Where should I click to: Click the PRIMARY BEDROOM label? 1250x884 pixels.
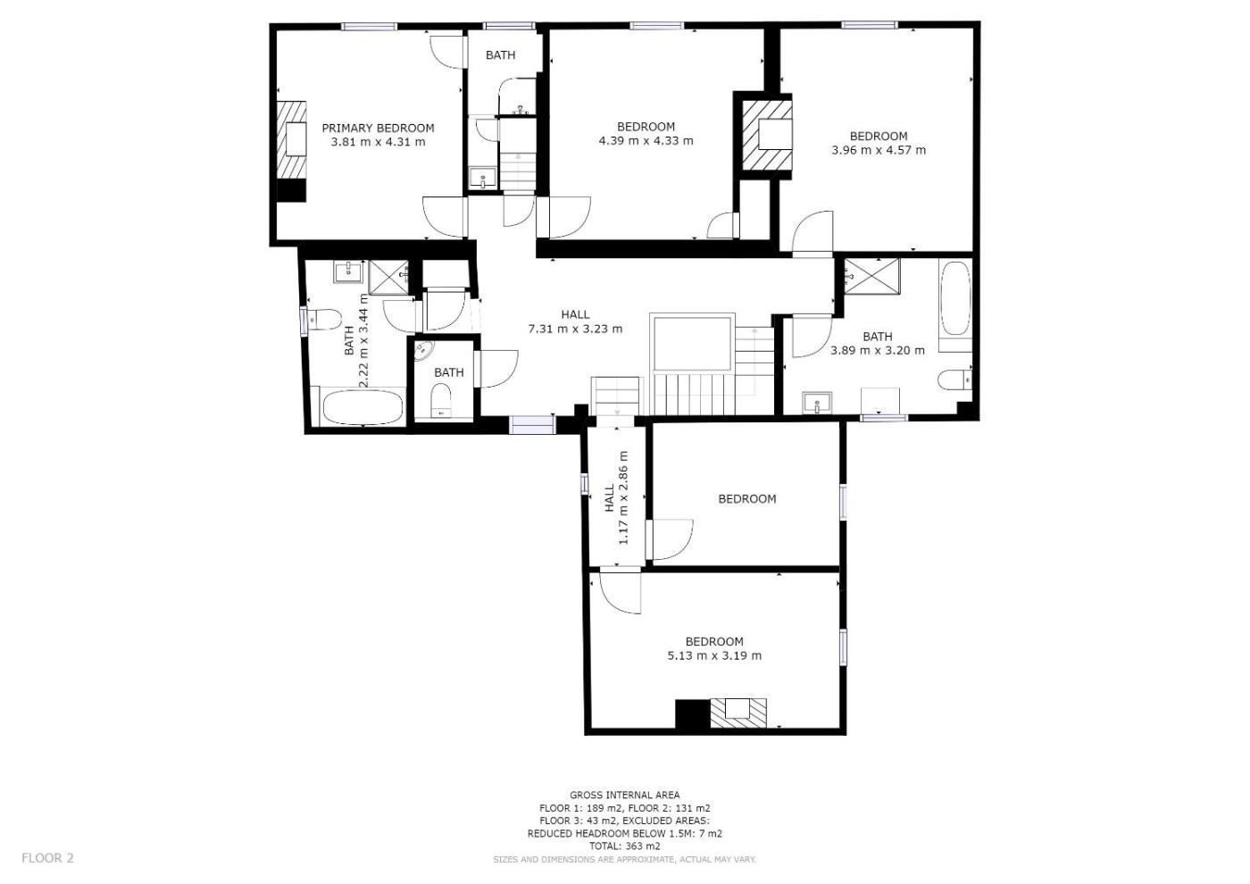(x=378, y=128)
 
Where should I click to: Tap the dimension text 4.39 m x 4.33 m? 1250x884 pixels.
(x=646, y=141)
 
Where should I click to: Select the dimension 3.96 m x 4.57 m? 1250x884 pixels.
(x=879, y=150)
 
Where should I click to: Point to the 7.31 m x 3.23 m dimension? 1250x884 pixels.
(x=575, y=329)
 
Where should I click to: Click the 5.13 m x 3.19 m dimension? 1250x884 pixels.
(x=714, y=655)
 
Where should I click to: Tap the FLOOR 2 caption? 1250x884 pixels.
(x=47, y=858)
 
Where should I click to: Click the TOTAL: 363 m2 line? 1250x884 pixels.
(x=624, y=846)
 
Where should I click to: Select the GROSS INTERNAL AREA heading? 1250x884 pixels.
(x=624, y=795)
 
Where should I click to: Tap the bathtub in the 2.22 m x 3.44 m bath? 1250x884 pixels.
(x=362, y=407)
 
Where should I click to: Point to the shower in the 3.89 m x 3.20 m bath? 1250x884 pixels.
(x=871, y=276)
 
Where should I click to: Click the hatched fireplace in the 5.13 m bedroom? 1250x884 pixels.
(x=737, y=713)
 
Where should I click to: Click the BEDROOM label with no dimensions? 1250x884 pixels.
(x=746, y=499)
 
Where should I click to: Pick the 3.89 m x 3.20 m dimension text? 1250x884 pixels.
(x=877, y=350)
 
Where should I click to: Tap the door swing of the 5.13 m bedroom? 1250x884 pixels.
(x=620, y=593)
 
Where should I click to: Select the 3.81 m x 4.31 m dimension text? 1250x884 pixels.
(x=378, y=142)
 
